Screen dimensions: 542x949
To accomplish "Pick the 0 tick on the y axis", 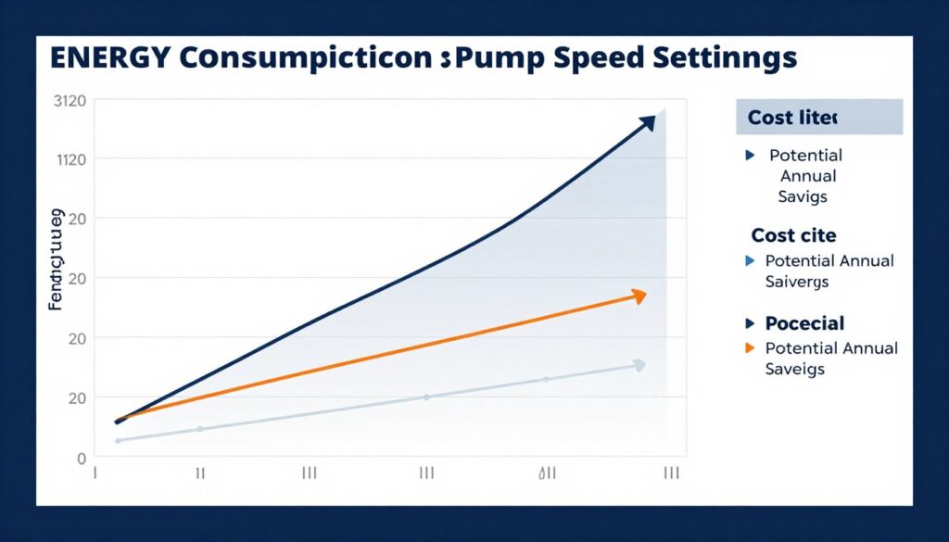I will tap(81, 458).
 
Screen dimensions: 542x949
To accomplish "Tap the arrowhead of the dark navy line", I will tap(646, 122).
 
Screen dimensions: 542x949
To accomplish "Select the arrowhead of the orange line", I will tap(638, 295).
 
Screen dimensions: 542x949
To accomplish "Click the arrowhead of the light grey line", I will tap(638, 364).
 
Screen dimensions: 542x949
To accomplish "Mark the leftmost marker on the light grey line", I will tap(118, 440).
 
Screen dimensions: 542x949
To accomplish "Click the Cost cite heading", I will tap(793, 235).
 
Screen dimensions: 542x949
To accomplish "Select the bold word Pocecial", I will tap(804, 323).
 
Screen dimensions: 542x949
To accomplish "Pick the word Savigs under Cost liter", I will tap(802, 196).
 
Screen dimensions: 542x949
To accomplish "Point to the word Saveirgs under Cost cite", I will tap(797, 282).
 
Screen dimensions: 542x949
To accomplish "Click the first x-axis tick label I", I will tap(96, 473).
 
